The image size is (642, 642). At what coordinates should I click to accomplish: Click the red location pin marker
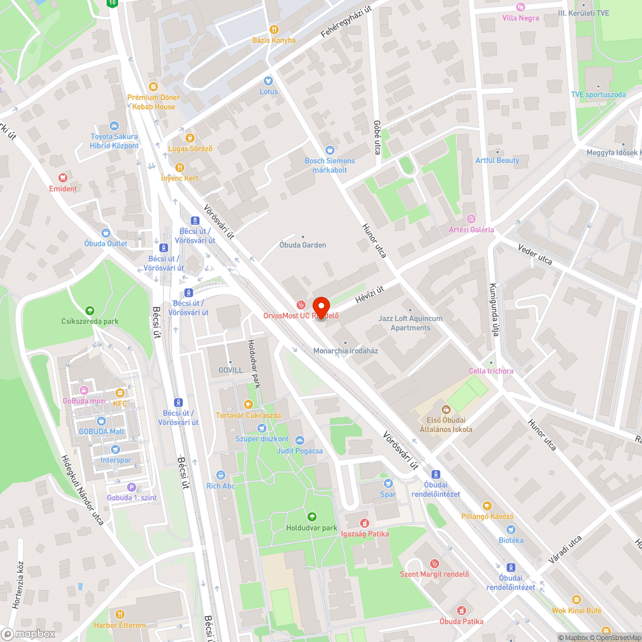tap(320, 306)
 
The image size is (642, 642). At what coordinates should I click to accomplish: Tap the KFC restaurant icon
tap(119, 393)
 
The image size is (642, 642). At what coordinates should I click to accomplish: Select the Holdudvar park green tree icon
tap(311, 517)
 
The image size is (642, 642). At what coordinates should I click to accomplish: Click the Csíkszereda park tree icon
tap(89, 310)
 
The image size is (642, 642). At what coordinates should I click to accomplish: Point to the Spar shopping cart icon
tap(387, 483)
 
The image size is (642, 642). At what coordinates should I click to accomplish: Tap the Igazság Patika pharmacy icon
tap(365, 523)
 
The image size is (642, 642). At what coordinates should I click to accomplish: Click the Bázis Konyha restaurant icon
tap(273, 29)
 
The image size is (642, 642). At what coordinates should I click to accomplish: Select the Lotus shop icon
tap(268, 81)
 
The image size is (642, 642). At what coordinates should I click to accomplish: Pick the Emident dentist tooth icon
tap(63, 177)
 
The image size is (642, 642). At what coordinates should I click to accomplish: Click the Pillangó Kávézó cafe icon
tap(487, 505)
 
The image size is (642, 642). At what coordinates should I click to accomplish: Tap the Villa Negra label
tap(521, 18)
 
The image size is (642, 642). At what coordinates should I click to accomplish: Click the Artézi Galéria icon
tap(471, 219)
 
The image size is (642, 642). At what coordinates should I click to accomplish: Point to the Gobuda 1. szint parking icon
tap(132, 487)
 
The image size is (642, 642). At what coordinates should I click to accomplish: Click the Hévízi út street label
tap(370, 297)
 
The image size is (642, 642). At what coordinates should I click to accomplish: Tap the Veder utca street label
tap(535, 254)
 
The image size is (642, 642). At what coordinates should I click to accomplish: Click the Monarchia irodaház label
tap(345, 351)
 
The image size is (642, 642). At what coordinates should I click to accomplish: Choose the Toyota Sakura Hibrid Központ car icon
tap(114, 126)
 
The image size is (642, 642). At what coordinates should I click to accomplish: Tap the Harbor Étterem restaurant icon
tap(119, 614)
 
